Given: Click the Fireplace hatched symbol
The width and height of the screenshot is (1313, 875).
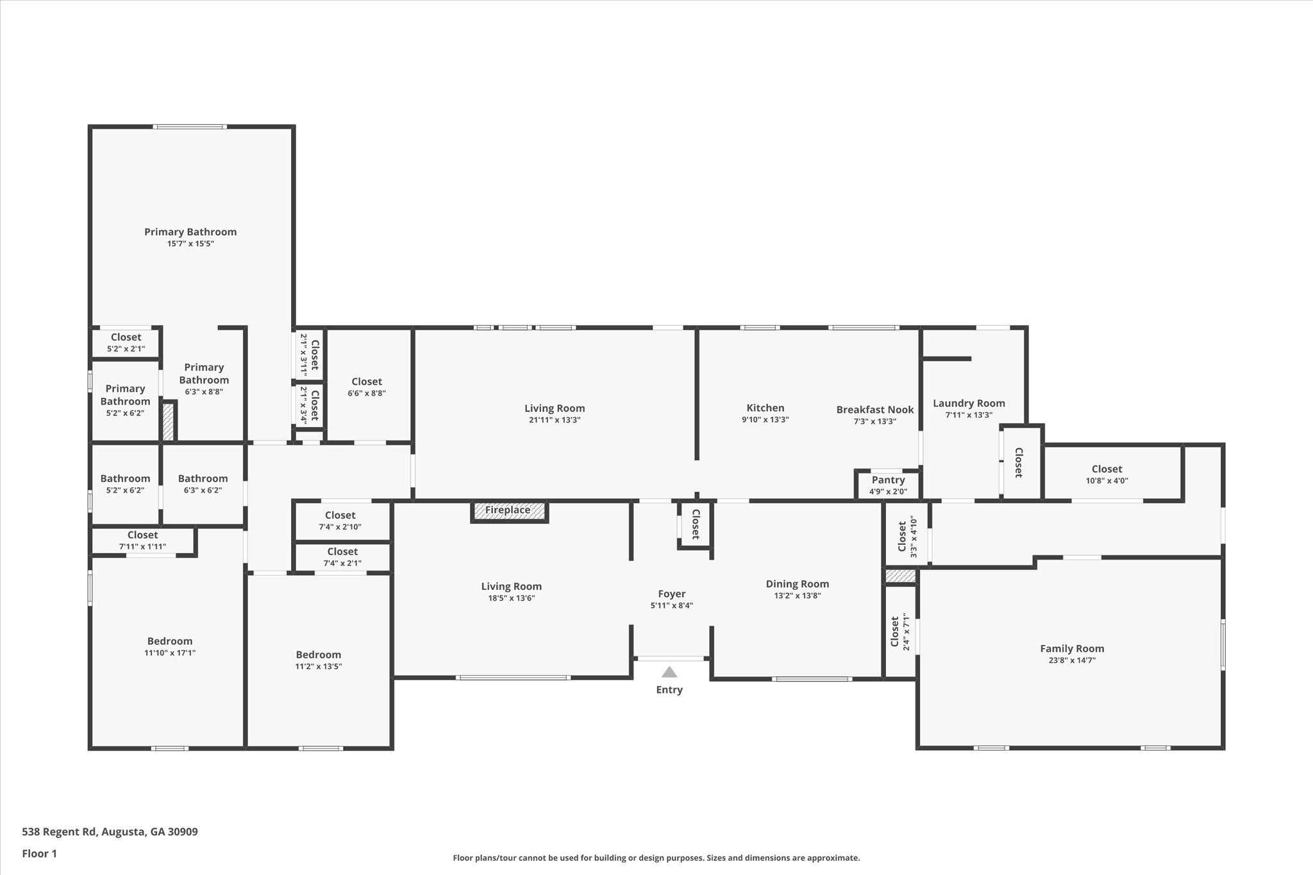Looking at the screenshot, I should [x=510, y=511].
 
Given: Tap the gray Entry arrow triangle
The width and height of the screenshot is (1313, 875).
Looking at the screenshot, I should [x=669, y=672].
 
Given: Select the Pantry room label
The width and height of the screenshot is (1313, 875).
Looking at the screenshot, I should [x=888, y=480].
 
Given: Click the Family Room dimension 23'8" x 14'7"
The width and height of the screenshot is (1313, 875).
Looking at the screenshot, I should [x=1071, y=660].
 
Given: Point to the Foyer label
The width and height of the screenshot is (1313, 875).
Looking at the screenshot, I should [x=671, y=594].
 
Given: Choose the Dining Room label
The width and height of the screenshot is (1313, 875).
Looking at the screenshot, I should [x=797, y=584].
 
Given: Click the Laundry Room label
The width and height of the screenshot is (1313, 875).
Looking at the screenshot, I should [x=968, y=403].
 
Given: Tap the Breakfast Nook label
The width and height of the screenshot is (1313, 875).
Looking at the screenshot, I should [x=874, y=410].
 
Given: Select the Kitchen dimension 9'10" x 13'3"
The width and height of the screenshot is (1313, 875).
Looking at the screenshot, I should [x=765, y=420].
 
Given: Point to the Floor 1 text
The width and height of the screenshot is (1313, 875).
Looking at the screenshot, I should [x=39, y=854].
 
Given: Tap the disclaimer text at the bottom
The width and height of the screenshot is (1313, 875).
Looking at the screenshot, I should [x=656, y=858].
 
